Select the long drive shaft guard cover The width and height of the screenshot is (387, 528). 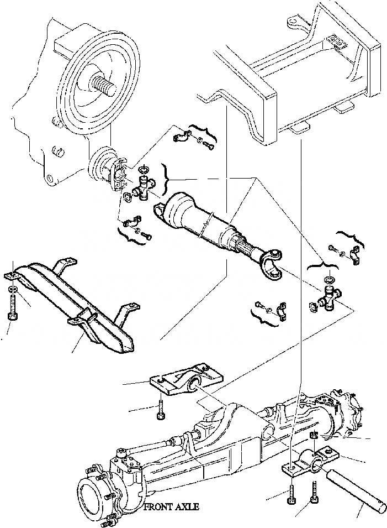(83, 304)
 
